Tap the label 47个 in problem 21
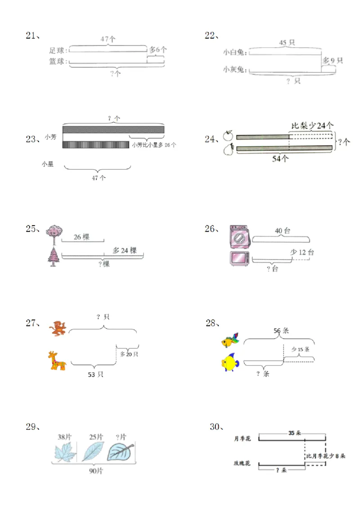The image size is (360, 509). pos(108,40)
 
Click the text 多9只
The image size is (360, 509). pos(333,60)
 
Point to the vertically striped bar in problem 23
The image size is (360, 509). pos(95,145)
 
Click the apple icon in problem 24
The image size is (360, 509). pos(228,136)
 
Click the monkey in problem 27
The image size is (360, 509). pos(58,328)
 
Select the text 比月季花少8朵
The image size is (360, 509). pos(326,456)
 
